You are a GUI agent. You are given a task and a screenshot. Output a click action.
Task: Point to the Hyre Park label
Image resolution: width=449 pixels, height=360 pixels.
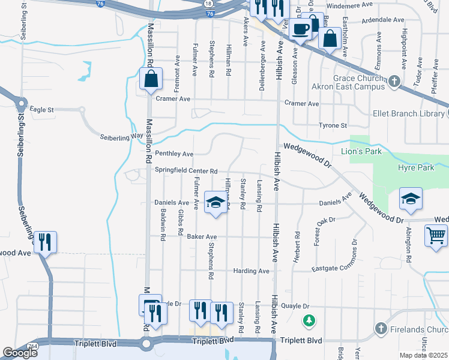(418, 167)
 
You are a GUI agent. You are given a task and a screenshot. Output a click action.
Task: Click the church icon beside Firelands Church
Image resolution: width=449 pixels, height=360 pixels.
(381, 328)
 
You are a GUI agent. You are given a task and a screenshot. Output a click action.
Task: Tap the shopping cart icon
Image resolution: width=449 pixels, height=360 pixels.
(436, 235)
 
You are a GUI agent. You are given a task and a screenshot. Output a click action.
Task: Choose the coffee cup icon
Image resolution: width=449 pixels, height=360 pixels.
(301, 28)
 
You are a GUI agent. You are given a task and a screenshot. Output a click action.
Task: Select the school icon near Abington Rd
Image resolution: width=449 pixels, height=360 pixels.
(411, 199)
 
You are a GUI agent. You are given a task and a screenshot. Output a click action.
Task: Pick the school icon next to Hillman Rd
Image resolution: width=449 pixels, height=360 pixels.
(215, 202)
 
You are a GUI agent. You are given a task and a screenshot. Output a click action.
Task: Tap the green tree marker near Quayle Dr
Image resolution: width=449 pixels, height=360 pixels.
(309, 321)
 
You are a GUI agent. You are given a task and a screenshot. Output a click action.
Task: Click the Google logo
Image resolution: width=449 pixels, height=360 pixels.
(20, 353)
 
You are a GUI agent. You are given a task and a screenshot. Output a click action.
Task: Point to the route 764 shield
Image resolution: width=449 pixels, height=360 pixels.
(32, 346)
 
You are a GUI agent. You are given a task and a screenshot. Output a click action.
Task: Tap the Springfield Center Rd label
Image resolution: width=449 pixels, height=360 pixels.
(185, 170)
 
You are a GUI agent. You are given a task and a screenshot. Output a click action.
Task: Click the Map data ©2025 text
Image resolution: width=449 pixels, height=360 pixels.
(423, 355)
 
